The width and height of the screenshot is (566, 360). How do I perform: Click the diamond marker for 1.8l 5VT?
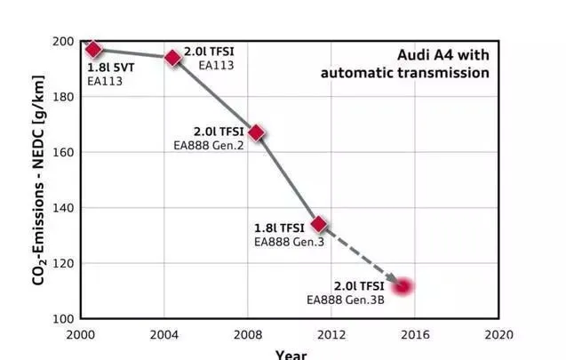pyautogui.click(x=94, y=49)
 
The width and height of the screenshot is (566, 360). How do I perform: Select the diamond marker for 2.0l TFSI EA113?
pyautogui.click(x=173, y=58)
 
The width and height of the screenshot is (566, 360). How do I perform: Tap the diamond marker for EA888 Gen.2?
pyautogui.click(x=256, y=133)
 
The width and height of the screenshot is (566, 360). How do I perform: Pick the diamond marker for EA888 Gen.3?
pyautogui.click(x=319, y=225)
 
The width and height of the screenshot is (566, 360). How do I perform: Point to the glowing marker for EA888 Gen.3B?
pyautogui.click(x=403, y=286)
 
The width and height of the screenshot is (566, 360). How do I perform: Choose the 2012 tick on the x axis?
pyautogui.click(x=331, y=335)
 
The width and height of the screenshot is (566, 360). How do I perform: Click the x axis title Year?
pyautogui.click(x=291, y=354)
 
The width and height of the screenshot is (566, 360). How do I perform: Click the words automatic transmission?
pyautogui.click(x=405, y=73)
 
